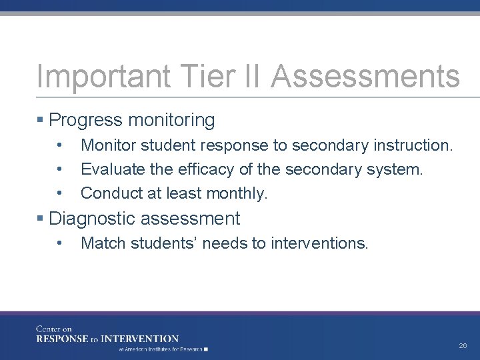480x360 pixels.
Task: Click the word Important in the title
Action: (x=86, y=77)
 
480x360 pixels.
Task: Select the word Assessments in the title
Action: (x=365, y=77)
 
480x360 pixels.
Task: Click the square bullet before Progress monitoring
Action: (x=41, y=120)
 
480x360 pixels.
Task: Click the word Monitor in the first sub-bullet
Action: (x=105, y=145)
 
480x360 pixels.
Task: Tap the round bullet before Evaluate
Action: (x=60, y=169)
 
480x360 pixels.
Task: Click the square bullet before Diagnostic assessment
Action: (x=41, y=218)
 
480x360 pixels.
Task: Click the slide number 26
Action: (x=463, y=346)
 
